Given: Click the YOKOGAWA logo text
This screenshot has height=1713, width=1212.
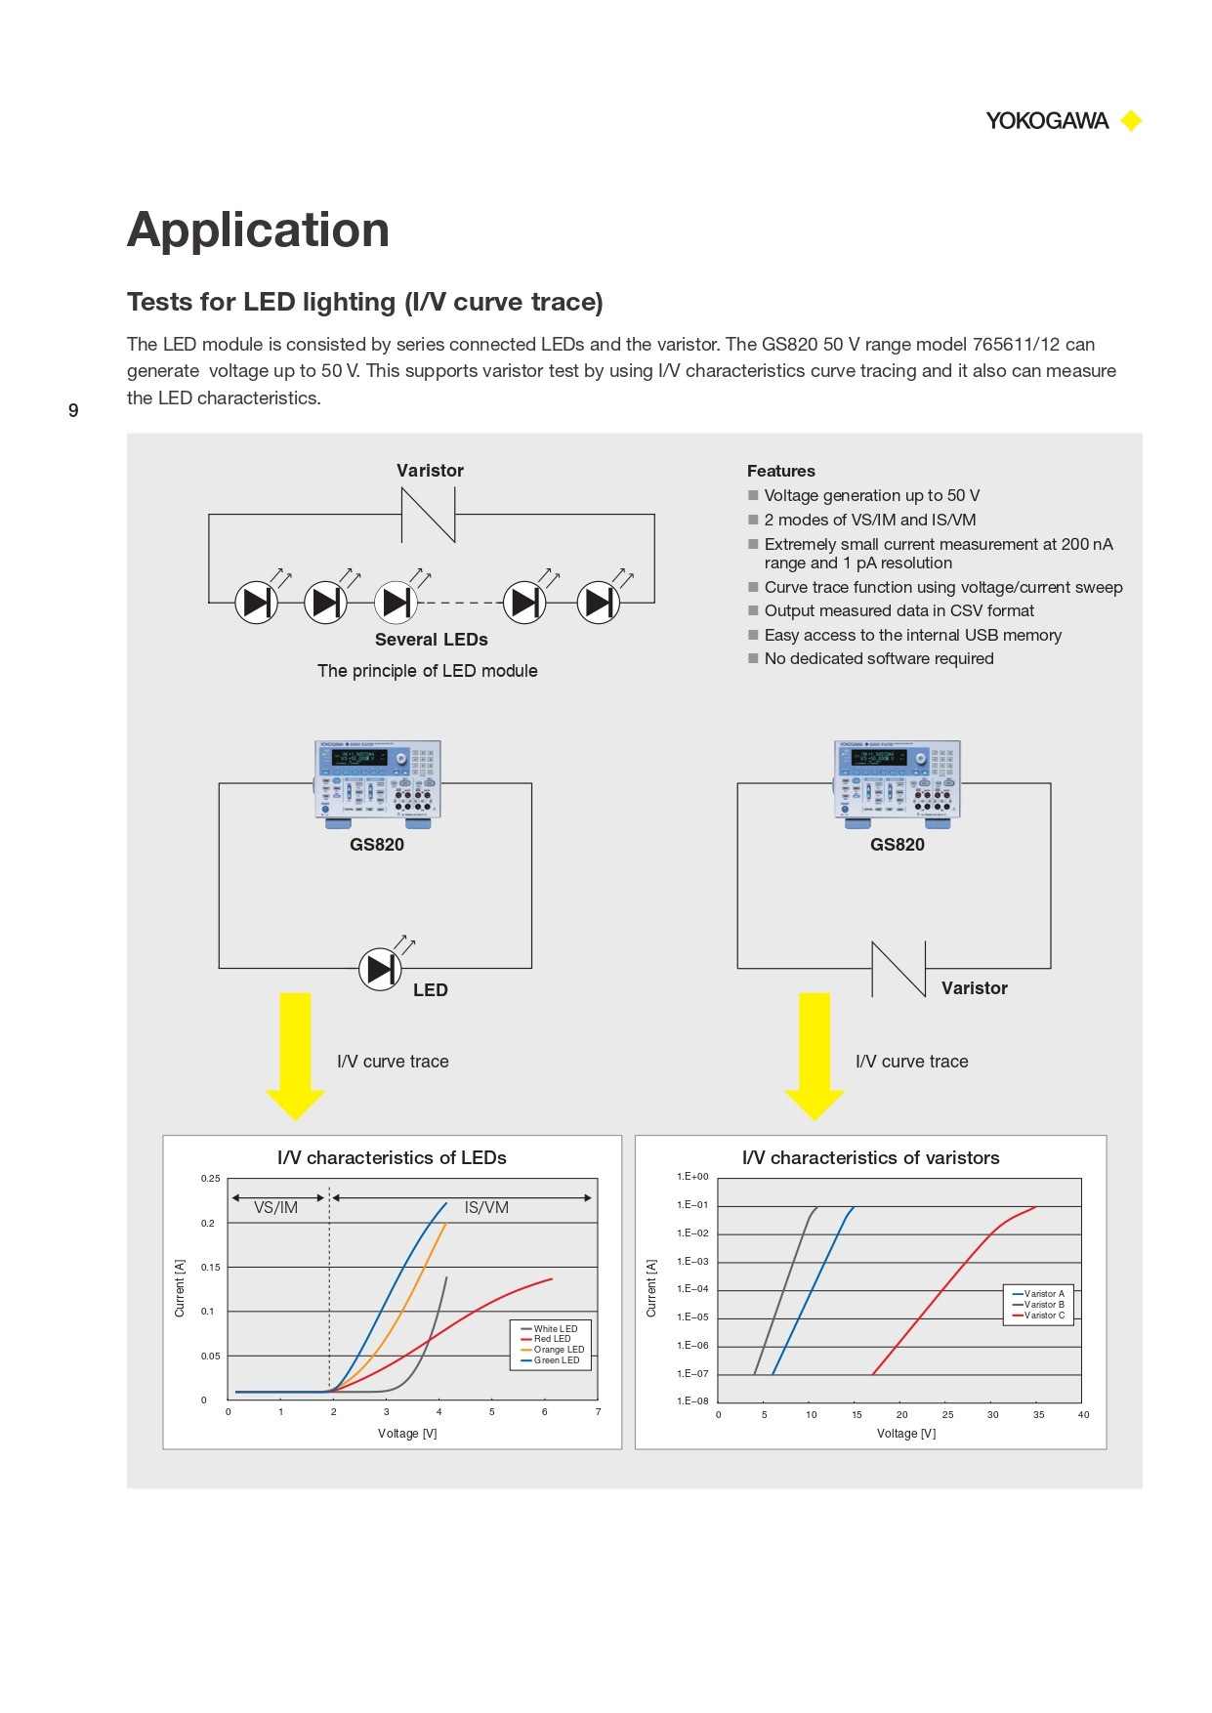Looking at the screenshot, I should click(1046, 121).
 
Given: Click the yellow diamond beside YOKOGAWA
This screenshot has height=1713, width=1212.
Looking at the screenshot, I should click(1131, 121).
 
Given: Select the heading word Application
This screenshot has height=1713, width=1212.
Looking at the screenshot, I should click(258, 230).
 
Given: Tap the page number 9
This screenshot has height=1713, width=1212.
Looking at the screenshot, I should click(73, 410).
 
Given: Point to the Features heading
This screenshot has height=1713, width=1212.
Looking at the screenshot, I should click(780, 471).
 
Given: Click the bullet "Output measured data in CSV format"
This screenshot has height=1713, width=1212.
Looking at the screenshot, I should click(899, 610).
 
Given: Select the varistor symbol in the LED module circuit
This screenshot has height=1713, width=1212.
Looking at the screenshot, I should click(429, 515).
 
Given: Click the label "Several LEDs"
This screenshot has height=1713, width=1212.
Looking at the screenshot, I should click(431, 640).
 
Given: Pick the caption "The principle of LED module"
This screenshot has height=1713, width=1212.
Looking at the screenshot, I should click(427, 671).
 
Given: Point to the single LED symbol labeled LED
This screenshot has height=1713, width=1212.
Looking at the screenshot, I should click(380, 969).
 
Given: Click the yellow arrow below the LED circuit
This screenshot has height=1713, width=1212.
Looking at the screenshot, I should click(295, 1055).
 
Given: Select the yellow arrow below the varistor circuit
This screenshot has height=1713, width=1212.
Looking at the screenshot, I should click(814, 1055).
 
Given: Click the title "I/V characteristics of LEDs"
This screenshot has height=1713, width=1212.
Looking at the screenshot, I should click(392, 1158).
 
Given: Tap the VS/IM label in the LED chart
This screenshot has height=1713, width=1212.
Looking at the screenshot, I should click(275, 1208).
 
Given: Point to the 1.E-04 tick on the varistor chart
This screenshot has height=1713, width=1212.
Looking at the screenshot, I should click(692, 1289).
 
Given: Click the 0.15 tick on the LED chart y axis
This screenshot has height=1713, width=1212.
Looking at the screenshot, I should click(210, 1268).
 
